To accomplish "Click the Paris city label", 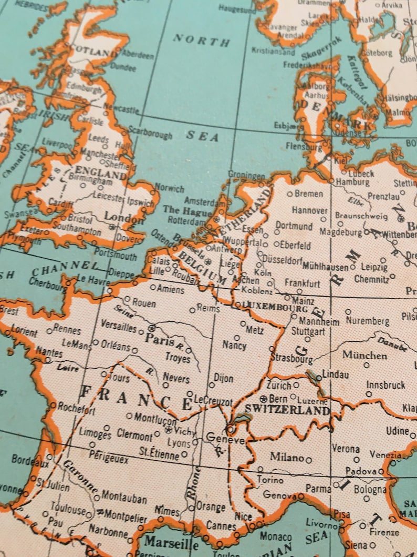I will coord(160,340).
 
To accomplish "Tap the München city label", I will coord(364,355).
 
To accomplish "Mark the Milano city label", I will coord(287,458).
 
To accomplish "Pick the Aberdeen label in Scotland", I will coord(138,55).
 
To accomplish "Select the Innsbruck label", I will coord(386,385).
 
